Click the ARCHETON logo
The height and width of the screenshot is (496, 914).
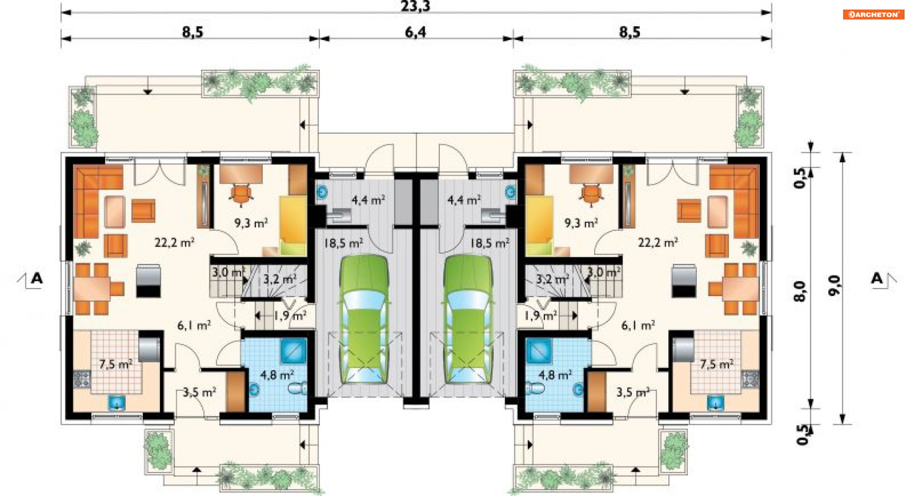873,14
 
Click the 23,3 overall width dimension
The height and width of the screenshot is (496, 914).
415,6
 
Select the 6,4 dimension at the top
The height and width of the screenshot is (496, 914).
415,32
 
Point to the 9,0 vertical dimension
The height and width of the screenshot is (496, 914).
835,285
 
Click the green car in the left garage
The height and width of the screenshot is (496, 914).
364,319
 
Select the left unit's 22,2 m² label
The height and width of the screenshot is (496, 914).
174,242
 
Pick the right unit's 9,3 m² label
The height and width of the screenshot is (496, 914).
581,223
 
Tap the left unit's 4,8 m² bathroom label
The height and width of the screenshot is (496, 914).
277,375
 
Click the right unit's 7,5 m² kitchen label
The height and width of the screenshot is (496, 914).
716,364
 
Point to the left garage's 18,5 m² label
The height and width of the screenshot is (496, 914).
343,243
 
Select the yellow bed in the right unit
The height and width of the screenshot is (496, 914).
539,225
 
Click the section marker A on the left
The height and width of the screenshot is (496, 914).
36,278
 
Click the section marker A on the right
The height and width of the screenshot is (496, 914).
877,278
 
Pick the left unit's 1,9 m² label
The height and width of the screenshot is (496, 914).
290,315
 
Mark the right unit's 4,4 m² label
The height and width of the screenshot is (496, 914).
464,200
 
